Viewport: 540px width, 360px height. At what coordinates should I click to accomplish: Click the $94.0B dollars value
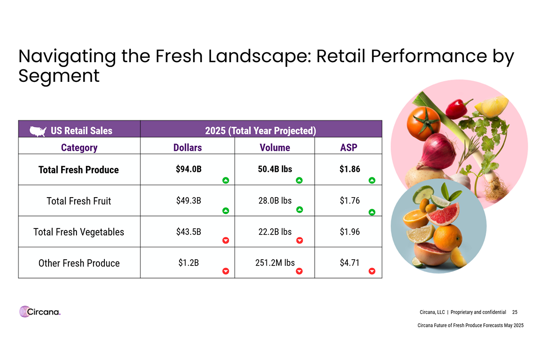[189, 169]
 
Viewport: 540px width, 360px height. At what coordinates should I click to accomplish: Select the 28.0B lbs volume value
[275, 201]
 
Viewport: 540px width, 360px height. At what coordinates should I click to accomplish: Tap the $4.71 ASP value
[350, 262]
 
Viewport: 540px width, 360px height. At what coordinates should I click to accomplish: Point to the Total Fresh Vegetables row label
[79, 232]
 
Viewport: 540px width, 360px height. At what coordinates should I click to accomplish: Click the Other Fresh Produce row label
[79, 263]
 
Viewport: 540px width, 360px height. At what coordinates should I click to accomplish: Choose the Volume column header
[274, 148]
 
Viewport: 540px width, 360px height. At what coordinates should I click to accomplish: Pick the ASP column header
[348, 148]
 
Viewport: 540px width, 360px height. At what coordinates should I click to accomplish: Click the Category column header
[79, 148]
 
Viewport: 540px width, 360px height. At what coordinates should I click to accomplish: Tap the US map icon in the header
[38, 131]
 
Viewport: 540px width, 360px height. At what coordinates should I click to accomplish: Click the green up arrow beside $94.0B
[226, 180]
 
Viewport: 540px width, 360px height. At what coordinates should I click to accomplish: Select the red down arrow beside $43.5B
[226, 240]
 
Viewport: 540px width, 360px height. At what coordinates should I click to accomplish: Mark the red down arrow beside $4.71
[372, 271]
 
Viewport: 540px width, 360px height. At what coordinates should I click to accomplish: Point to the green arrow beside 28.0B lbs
[299, 210]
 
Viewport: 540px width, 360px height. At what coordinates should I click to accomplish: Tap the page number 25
[515, 312]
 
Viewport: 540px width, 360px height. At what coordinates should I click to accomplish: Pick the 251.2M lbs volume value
[274, 262]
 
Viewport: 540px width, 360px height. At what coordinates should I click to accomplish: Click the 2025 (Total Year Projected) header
[261, 131]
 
